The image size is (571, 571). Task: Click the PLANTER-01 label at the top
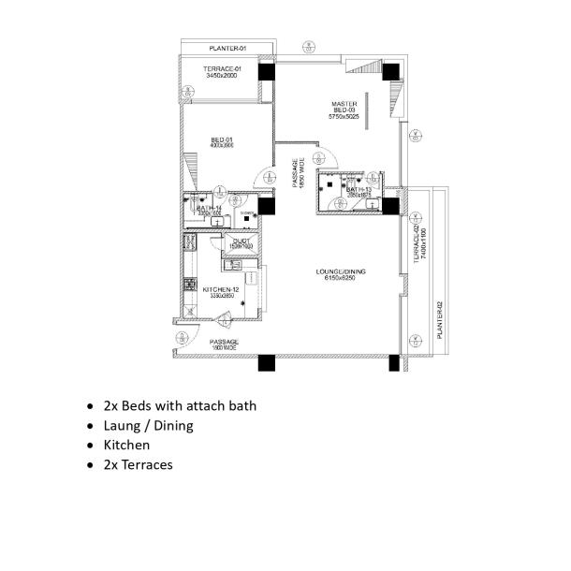227,48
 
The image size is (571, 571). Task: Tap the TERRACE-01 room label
223,68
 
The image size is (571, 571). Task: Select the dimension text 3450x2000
223,76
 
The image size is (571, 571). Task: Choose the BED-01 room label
221,139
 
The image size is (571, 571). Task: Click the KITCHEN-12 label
221,290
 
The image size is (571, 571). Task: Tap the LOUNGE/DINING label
342,271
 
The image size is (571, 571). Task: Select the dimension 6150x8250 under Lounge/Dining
342,279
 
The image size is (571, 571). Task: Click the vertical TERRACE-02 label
416,246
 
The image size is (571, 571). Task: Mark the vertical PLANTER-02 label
439,321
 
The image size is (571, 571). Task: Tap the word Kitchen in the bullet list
126,445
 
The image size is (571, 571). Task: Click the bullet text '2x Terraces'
138,464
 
